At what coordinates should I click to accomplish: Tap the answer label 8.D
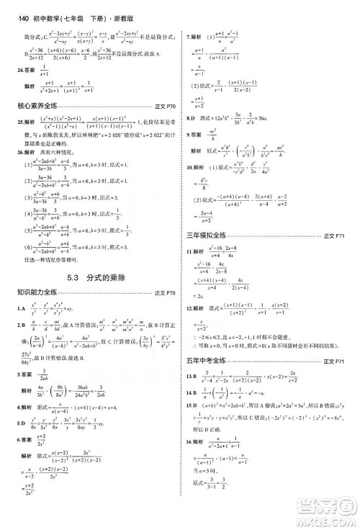point(191,117)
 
